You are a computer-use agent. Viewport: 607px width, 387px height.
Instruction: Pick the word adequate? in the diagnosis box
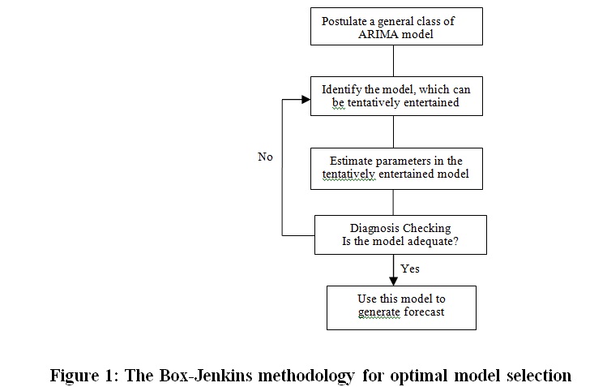point(435,242)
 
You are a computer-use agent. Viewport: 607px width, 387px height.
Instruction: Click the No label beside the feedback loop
point(265,157)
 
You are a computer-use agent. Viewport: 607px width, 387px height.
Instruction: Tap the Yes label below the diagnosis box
point(410,269)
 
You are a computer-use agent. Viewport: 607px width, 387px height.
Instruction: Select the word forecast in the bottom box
point(425,312)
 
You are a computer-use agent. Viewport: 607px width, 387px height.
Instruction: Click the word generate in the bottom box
point(379,312)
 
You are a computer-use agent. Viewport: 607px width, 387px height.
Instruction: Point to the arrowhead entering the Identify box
point(306,100)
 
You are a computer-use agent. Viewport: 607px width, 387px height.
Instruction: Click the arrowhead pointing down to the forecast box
point(393,282)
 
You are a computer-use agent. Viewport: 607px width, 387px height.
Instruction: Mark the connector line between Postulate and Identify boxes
point(393,61)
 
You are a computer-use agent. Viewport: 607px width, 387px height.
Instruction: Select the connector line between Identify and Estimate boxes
point(393,131)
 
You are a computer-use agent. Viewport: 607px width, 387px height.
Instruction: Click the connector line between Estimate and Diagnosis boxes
point(393,202)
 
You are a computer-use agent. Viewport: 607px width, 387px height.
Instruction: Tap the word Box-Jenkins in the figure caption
point(206,376)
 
